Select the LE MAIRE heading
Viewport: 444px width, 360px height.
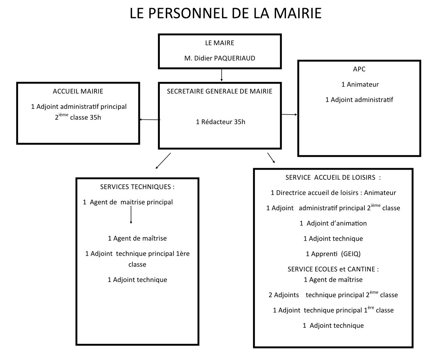219,43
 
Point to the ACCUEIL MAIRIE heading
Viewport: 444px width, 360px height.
78,91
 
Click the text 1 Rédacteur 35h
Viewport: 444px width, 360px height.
221,122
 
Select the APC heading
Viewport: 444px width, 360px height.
360,69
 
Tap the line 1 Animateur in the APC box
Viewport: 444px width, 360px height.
360,84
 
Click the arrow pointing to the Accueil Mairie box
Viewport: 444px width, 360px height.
149,119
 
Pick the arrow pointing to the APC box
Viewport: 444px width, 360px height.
289,115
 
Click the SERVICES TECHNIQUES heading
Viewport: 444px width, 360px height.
137,187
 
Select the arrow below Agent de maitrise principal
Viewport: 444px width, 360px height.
131,215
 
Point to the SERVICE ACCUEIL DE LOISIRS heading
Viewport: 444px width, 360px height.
333,177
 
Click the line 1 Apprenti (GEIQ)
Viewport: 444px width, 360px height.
333,254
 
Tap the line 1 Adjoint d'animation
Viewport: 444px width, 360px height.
333,223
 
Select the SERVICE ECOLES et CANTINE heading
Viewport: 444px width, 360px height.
333,269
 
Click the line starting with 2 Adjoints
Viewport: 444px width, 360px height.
333,295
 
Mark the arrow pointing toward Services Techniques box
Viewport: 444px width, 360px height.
163,161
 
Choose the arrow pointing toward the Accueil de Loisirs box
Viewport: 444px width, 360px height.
271,158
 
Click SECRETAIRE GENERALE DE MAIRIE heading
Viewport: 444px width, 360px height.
219,91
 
